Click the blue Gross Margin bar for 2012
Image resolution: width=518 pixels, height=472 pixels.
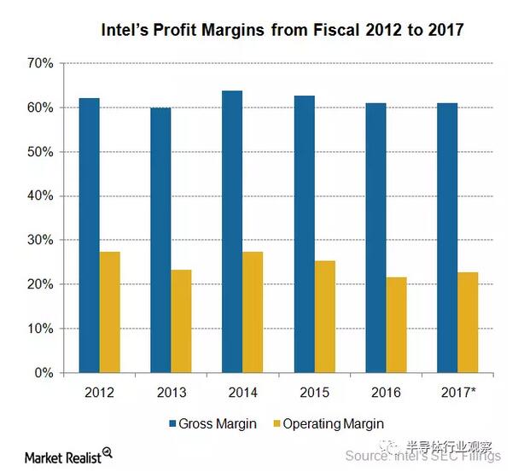[89, 236]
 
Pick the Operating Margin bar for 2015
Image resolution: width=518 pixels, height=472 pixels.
[324, 317]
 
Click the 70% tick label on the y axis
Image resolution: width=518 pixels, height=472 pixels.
[40, 64]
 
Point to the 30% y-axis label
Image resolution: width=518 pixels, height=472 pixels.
[40, 241]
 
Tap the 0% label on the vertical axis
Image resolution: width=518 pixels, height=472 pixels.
[44, 373]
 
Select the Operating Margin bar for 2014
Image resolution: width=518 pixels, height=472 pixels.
[253, 312]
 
